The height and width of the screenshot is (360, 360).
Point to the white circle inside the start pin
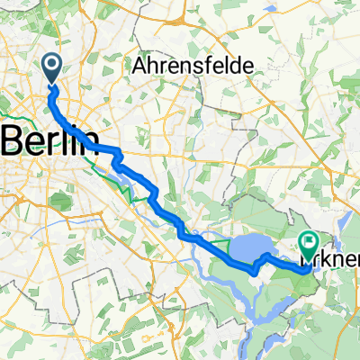(50, 63)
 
